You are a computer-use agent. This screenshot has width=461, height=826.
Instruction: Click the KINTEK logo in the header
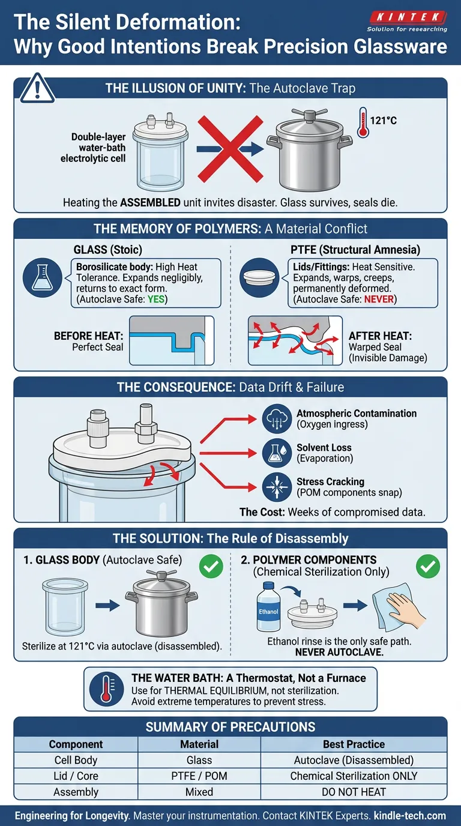click(x=408, y=22)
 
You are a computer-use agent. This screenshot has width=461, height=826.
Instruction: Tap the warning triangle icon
click(x=37, y=88)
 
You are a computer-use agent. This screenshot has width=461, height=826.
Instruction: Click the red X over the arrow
click(x=230, y=149)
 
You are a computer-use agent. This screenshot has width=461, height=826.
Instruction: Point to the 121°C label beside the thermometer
click(x=383, y=121)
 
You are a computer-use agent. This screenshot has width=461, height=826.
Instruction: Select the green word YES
click(x=156, y=299)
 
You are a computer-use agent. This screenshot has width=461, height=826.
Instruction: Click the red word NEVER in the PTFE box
click(x=379, y=299)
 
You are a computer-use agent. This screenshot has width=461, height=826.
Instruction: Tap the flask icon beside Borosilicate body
click(x=42, y=277)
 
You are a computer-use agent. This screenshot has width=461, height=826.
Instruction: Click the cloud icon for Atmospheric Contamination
click(x=277, y=419)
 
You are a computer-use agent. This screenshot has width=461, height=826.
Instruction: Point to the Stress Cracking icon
click(x=277, y=487)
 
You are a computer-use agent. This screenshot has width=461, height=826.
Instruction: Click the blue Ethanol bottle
click(x=268, y=606)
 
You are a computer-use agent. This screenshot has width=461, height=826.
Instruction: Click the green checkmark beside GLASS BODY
click(x=211, y=566)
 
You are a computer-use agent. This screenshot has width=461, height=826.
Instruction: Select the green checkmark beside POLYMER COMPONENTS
click(x=428, y=566)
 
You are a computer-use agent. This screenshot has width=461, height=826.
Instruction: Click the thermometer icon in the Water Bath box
click(x=107, y=689)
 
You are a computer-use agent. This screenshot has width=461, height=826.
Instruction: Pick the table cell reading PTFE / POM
click(x=199, y=776)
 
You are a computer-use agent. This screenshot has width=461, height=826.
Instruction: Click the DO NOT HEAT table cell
click(x=354, y=792)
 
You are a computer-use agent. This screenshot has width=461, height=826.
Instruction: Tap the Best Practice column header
click(x=354, y=744)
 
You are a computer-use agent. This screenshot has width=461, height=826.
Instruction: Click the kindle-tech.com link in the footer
click(x=410, y=816)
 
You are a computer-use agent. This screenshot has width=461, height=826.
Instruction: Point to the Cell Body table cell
click(x=76, y=760)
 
